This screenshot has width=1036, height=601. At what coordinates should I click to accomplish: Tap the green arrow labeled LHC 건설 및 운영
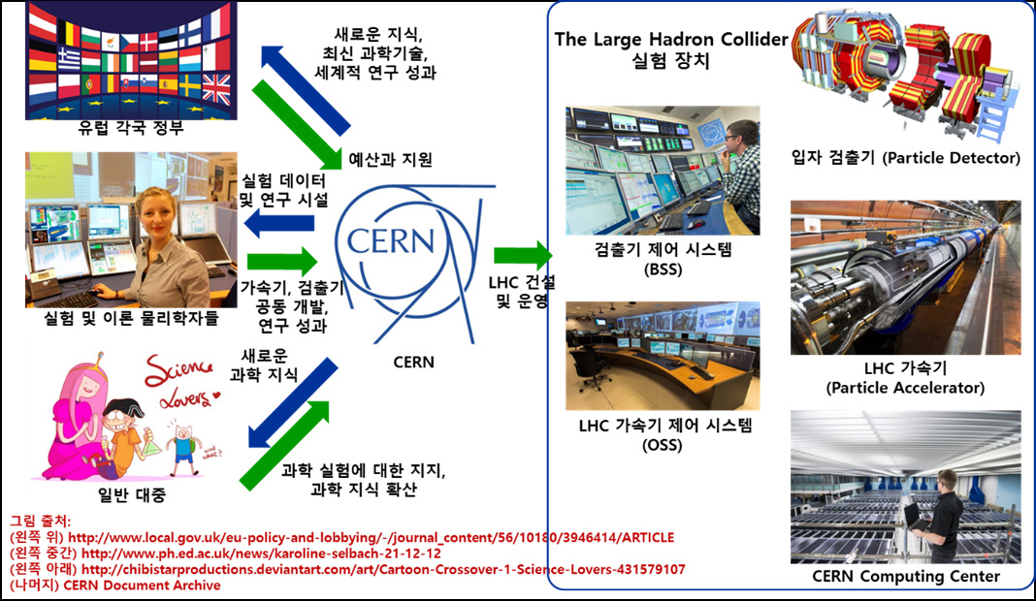point(523,255)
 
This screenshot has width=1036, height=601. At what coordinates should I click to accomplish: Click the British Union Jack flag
point(216,89)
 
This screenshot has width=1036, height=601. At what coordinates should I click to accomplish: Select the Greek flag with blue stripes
point(69,57)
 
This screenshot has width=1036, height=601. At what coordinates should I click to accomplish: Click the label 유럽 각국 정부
point(131,127)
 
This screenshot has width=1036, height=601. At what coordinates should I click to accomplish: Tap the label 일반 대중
point(132,494)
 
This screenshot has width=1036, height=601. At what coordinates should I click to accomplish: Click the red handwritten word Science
point(178,371)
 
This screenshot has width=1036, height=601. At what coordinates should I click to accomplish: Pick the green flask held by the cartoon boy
point(151,442)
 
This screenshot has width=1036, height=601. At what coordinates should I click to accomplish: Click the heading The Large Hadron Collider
point(671,39)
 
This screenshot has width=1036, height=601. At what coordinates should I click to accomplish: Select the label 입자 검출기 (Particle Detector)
point(906,158)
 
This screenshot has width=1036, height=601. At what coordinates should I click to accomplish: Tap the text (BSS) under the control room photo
point(662,269)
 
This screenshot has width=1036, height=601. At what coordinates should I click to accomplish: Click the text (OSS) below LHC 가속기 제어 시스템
point(662,445)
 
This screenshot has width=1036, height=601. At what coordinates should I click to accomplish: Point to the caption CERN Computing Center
point(906,576)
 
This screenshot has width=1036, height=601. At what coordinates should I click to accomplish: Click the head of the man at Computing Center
point(948,479)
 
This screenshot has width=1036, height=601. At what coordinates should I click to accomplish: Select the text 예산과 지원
point(391,159)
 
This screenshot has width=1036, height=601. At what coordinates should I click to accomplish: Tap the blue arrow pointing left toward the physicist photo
point(278,224)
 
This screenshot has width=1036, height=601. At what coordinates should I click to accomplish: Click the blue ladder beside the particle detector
point(990,115)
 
